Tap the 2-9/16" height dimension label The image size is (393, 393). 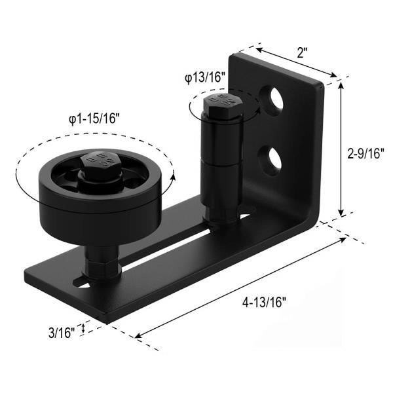367,151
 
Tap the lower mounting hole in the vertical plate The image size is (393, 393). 271,158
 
